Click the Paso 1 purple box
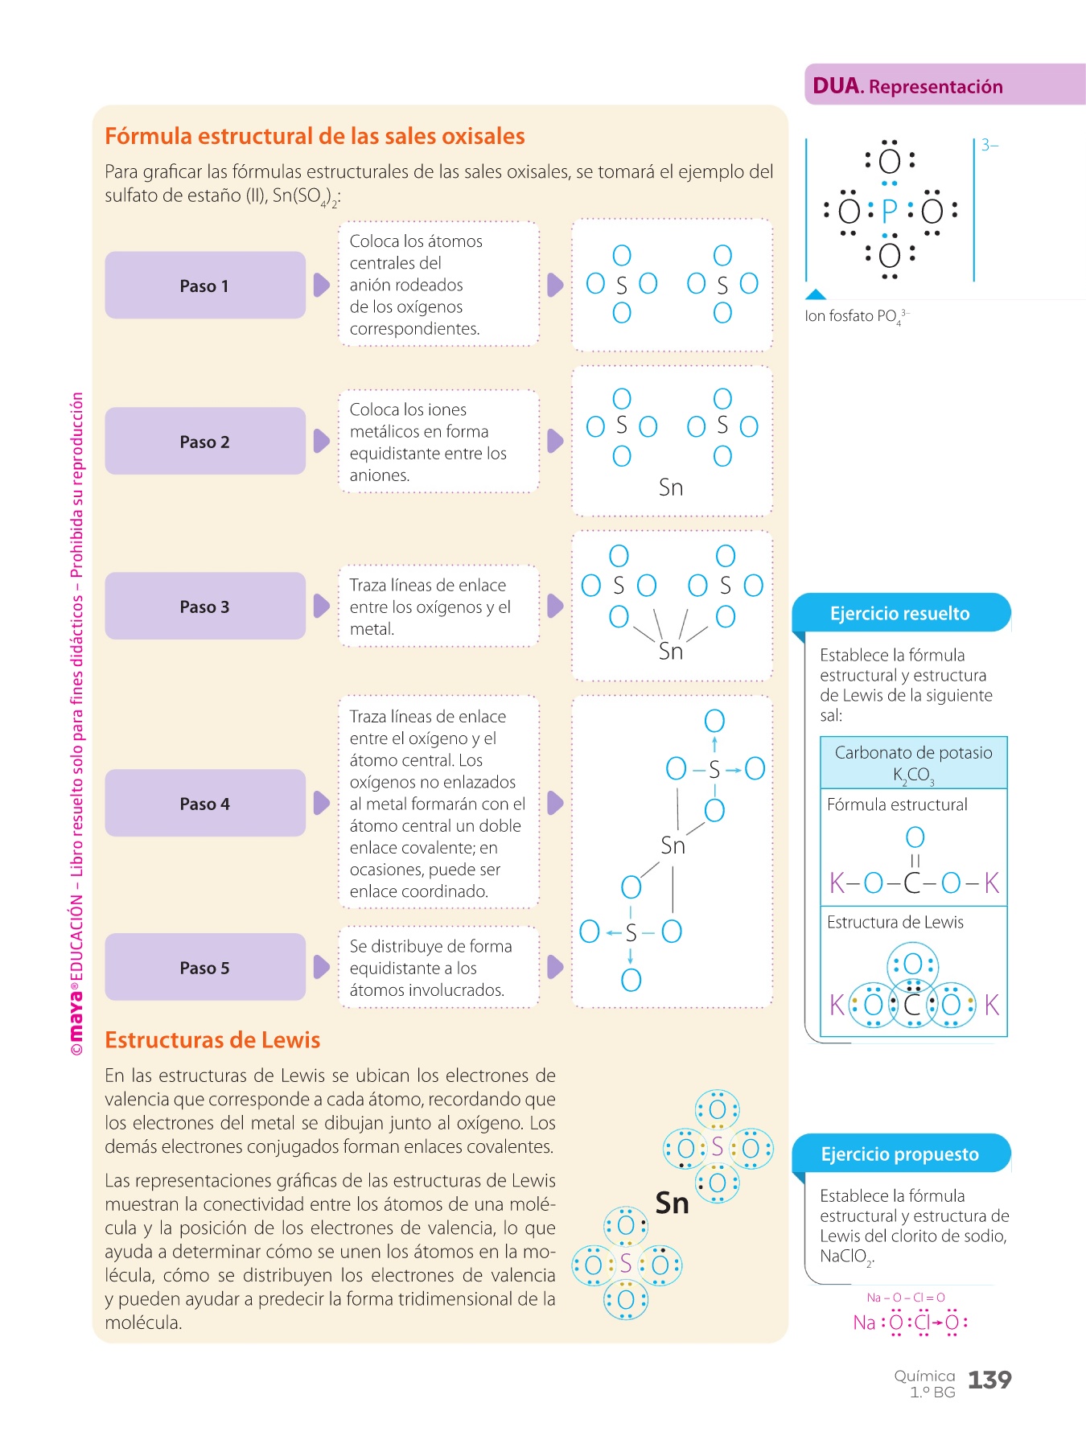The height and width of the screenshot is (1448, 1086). [204, 286]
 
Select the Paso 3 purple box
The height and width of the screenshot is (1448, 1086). [204, 607]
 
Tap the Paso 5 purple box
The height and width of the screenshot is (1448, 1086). [204, 968]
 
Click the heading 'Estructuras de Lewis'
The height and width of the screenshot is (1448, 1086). [212, 1040]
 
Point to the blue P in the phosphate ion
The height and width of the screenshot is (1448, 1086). [889, 212]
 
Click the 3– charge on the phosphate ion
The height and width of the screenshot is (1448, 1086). [989, 146]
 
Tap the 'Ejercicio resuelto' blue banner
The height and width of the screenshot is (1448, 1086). [899, 614]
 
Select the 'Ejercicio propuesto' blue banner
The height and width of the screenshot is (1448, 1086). [899, 1154]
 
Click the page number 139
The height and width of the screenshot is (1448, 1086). [989, 1380]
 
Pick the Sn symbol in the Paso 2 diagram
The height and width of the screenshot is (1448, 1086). [671, 487]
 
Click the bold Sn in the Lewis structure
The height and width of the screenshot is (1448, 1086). [672, 1203]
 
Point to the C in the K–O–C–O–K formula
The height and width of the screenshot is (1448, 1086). [913, 883]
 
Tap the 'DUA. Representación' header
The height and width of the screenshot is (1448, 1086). [907, 86]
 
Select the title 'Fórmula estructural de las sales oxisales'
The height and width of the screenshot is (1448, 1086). [315, 136]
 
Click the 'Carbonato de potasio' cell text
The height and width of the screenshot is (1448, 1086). [913, 753]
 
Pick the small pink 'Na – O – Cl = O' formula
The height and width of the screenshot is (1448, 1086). [906, 1298]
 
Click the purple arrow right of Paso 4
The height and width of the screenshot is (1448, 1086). [321, 803]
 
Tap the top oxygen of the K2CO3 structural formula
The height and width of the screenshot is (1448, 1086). [915, 837]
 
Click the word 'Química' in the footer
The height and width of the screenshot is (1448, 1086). [924, 1376]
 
